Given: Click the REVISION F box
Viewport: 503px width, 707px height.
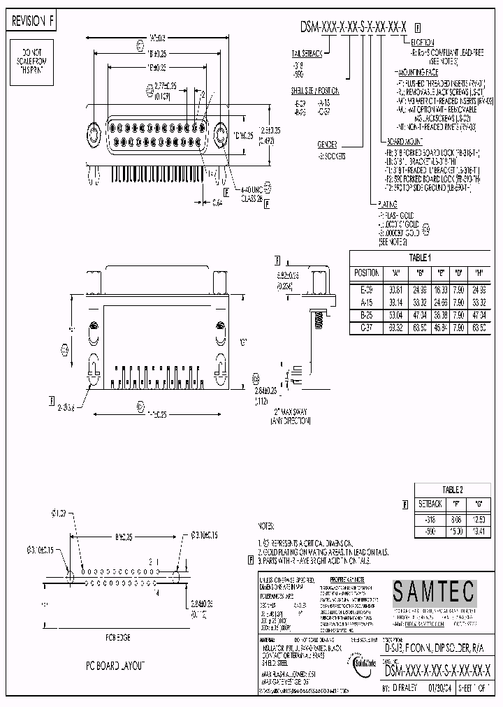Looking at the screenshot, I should click(31, 22).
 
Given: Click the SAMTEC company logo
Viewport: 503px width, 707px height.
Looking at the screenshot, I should click(432, 592).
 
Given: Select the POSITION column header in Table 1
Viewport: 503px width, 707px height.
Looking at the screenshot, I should click(367, 273).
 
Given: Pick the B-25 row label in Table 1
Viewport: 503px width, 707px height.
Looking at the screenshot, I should click(366, 315).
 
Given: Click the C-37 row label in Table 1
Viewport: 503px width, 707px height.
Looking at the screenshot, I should click(366, 326).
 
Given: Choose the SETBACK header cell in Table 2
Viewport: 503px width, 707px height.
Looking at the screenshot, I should click(430, 503).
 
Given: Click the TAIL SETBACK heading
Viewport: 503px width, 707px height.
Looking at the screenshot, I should click(307, 52).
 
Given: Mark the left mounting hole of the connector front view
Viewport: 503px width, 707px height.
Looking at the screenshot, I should click(94, 133).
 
